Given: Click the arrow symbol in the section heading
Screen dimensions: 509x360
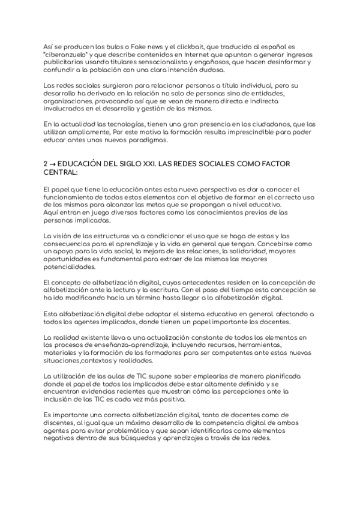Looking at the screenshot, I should tap(53, 163).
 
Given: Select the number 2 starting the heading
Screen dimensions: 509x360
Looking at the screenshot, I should tap(46, 163).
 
